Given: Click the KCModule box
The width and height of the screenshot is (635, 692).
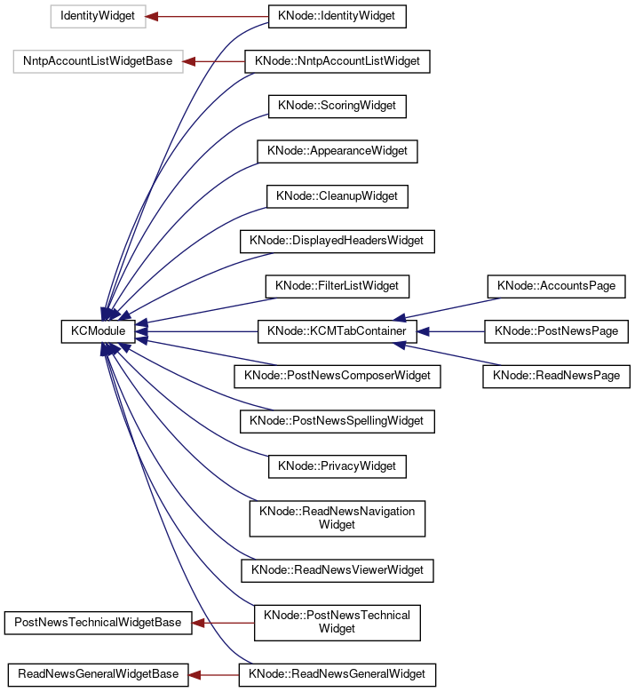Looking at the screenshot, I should click(x=98, y=331).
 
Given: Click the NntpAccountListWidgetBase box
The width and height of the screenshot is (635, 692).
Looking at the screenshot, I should click(x=98, y=61).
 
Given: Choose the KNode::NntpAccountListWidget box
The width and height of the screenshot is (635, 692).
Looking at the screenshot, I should click(x=337, y=61).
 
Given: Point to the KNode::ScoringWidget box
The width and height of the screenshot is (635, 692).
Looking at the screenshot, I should click(x=337, y=106).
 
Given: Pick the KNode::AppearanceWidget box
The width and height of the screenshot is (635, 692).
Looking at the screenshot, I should click(x=337, y=151).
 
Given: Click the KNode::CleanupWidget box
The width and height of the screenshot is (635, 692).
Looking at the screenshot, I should click(x=337, y=195).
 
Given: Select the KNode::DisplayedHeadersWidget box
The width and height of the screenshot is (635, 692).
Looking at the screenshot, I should click(x=337, y=241).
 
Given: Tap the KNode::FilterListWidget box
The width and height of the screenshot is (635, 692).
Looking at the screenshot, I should click(x=337, y=286).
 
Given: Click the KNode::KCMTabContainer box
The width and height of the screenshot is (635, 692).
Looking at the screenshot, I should click(x=337, y=331).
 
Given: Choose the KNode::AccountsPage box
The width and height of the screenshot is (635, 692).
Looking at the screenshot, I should click(x=556, y=286).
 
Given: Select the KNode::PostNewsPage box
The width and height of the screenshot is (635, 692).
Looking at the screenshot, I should click(x=556, y=331).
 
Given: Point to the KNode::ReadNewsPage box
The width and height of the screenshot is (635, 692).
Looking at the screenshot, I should click(x=556, y=376).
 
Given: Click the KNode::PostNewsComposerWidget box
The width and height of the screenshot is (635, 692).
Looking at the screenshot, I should click(x=337, y=376).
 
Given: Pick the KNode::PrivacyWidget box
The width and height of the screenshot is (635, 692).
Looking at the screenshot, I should click(x=337, y=465).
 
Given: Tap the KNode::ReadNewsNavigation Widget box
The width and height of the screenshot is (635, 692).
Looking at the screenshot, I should click(x=337, y=517).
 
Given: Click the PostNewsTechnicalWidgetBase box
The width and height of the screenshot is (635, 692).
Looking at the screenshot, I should click(x=98, y=623).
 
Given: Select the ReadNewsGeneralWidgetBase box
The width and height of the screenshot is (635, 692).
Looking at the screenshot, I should click(x=98, y=674).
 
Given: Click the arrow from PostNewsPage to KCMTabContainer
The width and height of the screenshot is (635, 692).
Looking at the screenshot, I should click(x=449, y=331).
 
